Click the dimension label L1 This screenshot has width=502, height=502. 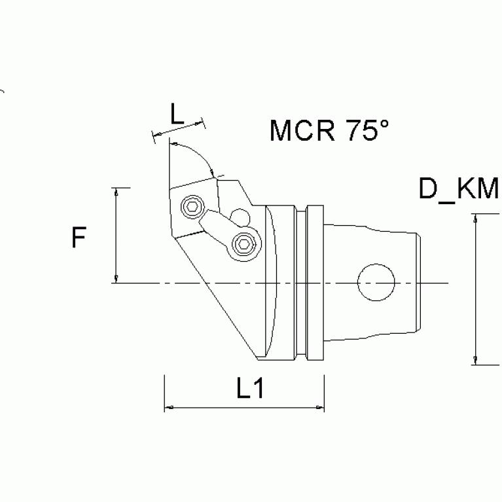(249, 389)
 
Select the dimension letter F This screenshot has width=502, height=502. (79, 238)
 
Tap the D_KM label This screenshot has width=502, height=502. (459, 190)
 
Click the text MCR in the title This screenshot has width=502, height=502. (300, 131)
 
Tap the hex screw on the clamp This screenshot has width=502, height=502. (242, 245)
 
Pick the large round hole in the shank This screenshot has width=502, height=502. (376, 283)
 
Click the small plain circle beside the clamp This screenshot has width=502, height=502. (240, 217)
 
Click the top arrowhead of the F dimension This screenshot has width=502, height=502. (116, 192)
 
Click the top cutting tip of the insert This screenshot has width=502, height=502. (168, 143)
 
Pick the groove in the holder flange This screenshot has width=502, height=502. (301, 283)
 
